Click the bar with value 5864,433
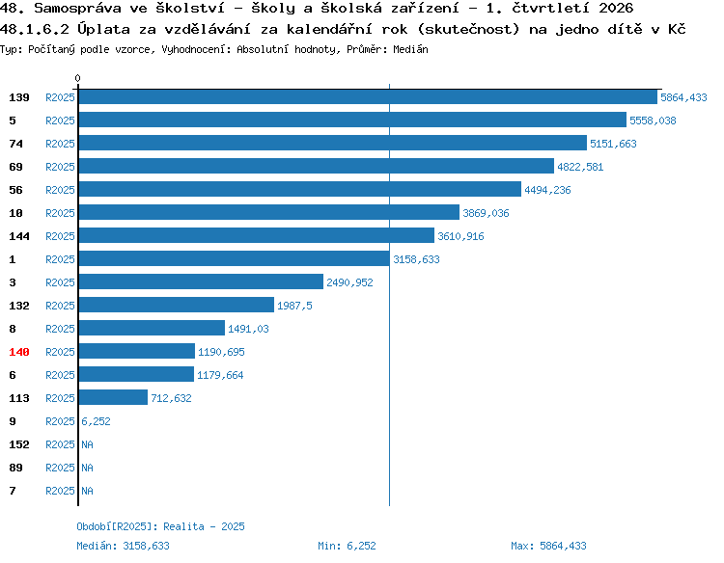tap(368, 96)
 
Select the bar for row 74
tap(333, 143)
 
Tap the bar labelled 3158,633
tap(235, 258)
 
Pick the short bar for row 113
tap(113, 397)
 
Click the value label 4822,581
tap(580, 167)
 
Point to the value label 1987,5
tap(294, 306)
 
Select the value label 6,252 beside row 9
tap(96, 421)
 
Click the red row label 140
tap(19, 352)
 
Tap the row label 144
tap(19, 236)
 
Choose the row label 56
tap(15, 190)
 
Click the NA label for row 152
tap(87, 444)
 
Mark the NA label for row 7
tap(87, 491)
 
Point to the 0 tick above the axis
tap(77, 78)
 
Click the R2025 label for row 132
tap(60, 306)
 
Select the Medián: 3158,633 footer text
tap(123, 546)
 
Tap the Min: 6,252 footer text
tap(347, 546)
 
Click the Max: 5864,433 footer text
tap(548, 546)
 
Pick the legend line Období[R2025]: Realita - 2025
tap(160, 526)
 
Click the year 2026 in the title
tap(616, 8)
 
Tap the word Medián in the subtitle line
tap(410, 49)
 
